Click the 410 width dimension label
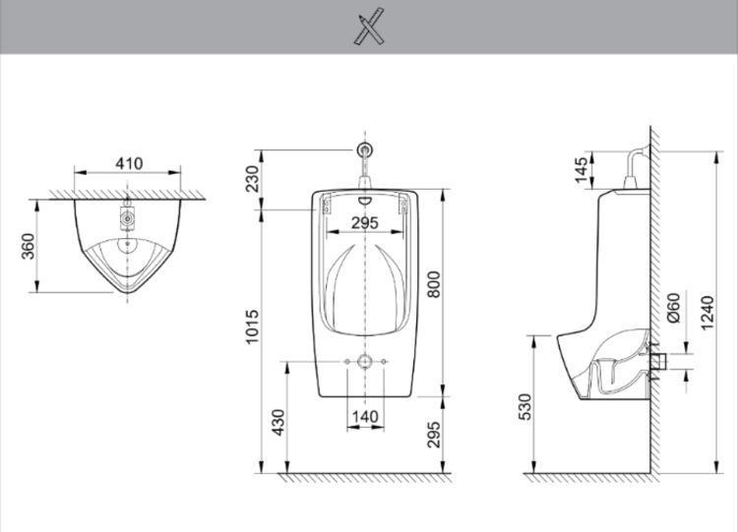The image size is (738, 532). click(x=128, y=163)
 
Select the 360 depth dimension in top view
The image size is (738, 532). click(x=29, y=246)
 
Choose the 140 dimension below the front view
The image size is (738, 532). click(x=364, y=417)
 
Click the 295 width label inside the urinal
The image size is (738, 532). click(x=365, y=223)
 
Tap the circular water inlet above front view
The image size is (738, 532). click(x=365, y=150)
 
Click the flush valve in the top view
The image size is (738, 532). click(x=127, y=212)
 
